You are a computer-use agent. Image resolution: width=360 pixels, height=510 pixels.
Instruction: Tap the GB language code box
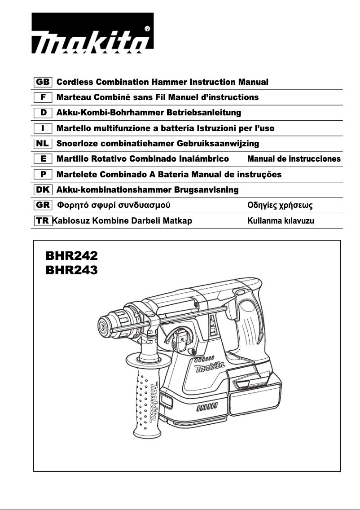pyautogui.click(x=43, y=82)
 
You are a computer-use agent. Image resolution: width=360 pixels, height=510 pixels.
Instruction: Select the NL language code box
pyautogui.click(x=43, y=144)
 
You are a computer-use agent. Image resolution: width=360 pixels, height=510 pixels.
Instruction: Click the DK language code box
pyautogui.click(x=43, y=190)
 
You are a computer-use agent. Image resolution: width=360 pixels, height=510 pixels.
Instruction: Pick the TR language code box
pyautogui.click(x=43, y=220)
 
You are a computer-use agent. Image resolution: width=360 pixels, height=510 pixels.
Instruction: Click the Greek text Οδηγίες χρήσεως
pyautogui.click(x=280, y=206)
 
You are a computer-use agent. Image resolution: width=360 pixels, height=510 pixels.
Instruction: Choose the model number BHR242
pyautogui.click(x=71, y=255)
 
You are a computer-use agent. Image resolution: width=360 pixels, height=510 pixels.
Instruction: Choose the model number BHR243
pyautogui.click(x=71, y=270)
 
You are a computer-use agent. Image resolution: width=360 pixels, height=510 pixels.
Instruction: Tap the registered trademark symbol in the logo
pyautogui.click(x=148, y=29)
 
